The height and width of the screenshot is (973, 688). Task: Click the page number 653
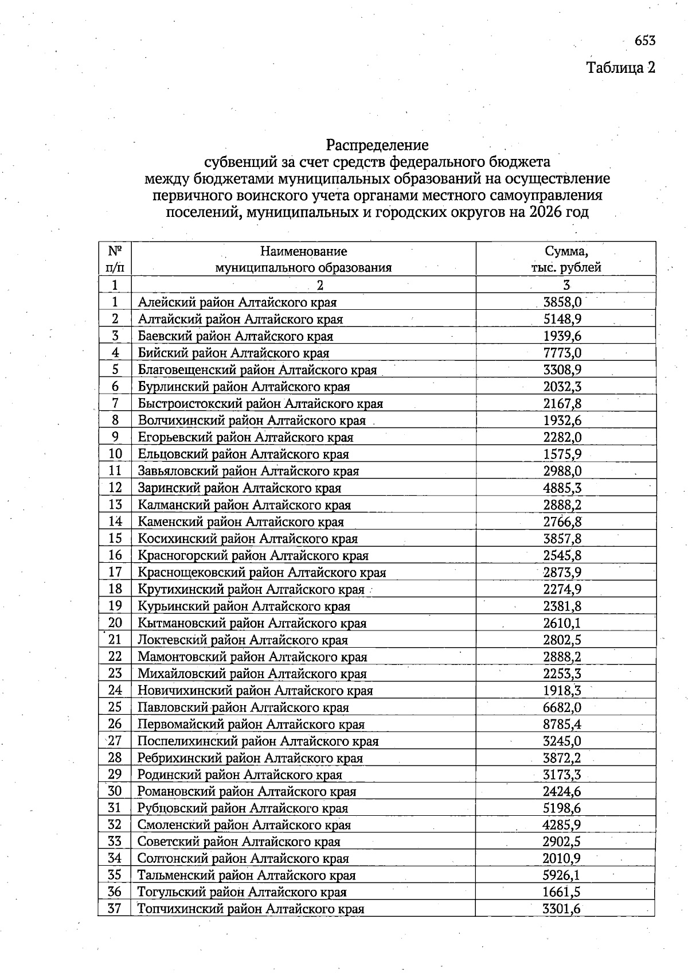(644, 41)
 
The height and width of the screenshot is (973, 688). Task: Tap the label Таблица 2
(620, 68)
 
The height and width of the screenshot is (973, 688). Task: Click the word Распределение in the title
(377, 145)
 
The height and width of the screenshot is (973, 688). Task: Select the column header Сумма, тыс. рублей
(565, 259)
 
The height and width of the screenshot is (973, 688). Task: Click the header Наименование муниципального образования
(303, 259)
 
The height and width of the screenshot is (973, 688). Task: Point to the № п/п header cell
(115, 259)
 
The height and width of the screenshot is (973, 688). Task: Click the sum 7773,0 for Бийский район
(562, 353)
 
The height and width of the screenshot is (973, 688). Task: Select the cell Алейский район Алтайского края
(237, 302)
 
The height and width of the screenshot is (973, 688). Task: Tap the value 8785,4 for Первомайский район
(562, 724)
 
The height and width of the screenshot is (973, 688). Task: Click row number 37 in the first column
(115, 909)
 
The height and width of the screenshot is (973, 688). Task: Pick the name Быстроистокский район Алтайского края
(260, 403)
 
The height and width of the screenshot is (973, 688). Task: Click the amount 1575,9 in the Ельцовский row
(562, 454)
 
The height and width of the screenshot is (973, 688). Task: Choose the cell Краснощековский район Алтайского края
(262, 573)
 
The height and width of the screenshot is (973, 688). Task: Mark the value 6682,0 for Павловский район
(562, 707)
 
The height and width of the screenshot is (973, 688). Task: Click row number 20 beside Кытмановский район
(115, 623)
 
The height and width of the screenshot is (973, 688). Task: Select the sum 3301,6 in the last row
(562, 909)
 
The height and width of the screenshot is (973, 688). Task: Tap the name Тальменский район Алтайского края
(247, 875)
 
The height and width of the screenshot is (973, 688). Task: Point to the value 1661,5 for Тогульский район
(562, 892)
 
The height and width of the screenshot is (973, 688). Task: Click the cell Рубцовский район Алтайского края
(243, 808)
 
